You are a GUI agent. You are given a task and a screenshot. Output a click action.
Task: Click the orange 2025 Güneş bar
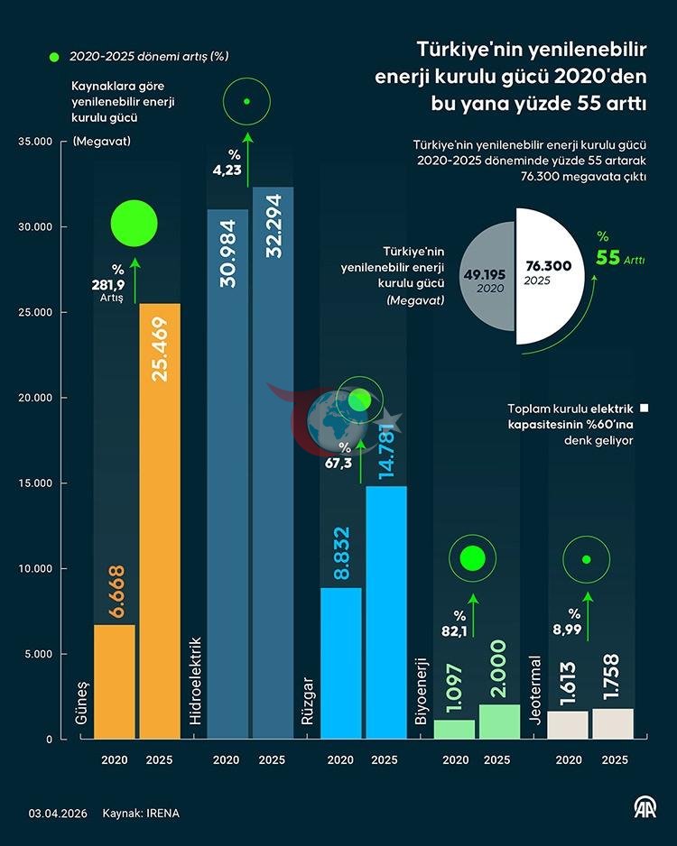[x=160, y=521]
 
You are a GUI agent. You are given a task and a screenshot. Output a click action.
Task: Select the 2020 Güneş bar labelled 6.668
[x=115, y=682]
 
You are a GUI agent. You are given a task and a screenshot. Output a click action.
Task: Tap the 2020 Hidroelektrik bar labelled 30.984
[x=227, y=474]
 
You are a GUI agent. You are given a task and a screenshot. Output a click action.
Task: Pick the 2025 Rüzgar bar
[x=386, y=613]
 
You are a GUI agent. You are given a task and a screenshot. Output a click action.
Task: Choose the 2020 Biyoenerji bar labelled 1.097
[x=455, y=730]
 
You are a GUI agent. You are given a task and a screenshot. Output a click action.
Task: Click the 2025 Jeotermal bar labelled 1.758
[x=613, y=724]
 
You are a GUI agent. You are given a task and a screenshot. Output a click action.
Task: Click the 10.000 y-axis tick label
[x=35, y=569]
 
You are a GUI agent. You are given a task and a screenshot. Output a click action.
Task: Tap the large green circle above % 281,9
[x=134, y=224]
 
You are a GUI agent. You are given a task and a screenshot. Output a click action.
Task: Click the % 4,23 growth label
[x=227, y=162]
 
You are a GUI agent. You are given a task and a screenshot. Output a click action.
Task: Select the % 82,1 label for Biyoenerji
[x=455, y=624]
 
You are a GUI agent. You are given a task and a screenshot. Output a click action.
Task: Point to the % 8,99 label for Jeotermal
[x=568, y=621]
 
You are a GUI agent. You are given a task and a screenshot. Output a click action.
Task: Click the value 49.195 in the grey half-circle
[x=485, y=274]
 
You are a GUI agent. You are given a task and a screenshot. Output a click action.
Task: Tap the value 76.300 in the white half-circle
[x=549, y=265]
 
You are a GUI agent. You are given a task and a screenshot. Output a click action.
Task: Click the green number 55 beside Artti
[x=607, y=258]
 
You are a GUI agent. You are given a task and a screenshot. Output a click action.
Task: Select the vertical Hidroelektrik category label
[x=196, y=681]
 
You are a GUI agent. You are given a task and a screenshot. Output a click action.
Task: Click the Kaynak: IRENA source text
[x=141, y=814]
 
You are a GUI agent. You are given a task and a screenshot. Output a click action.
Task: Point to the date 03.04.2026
[x=58, y=814]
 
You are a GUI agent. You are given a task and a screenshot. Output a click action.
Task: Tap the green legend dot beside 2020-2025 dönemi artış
[x=54, y=57]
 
